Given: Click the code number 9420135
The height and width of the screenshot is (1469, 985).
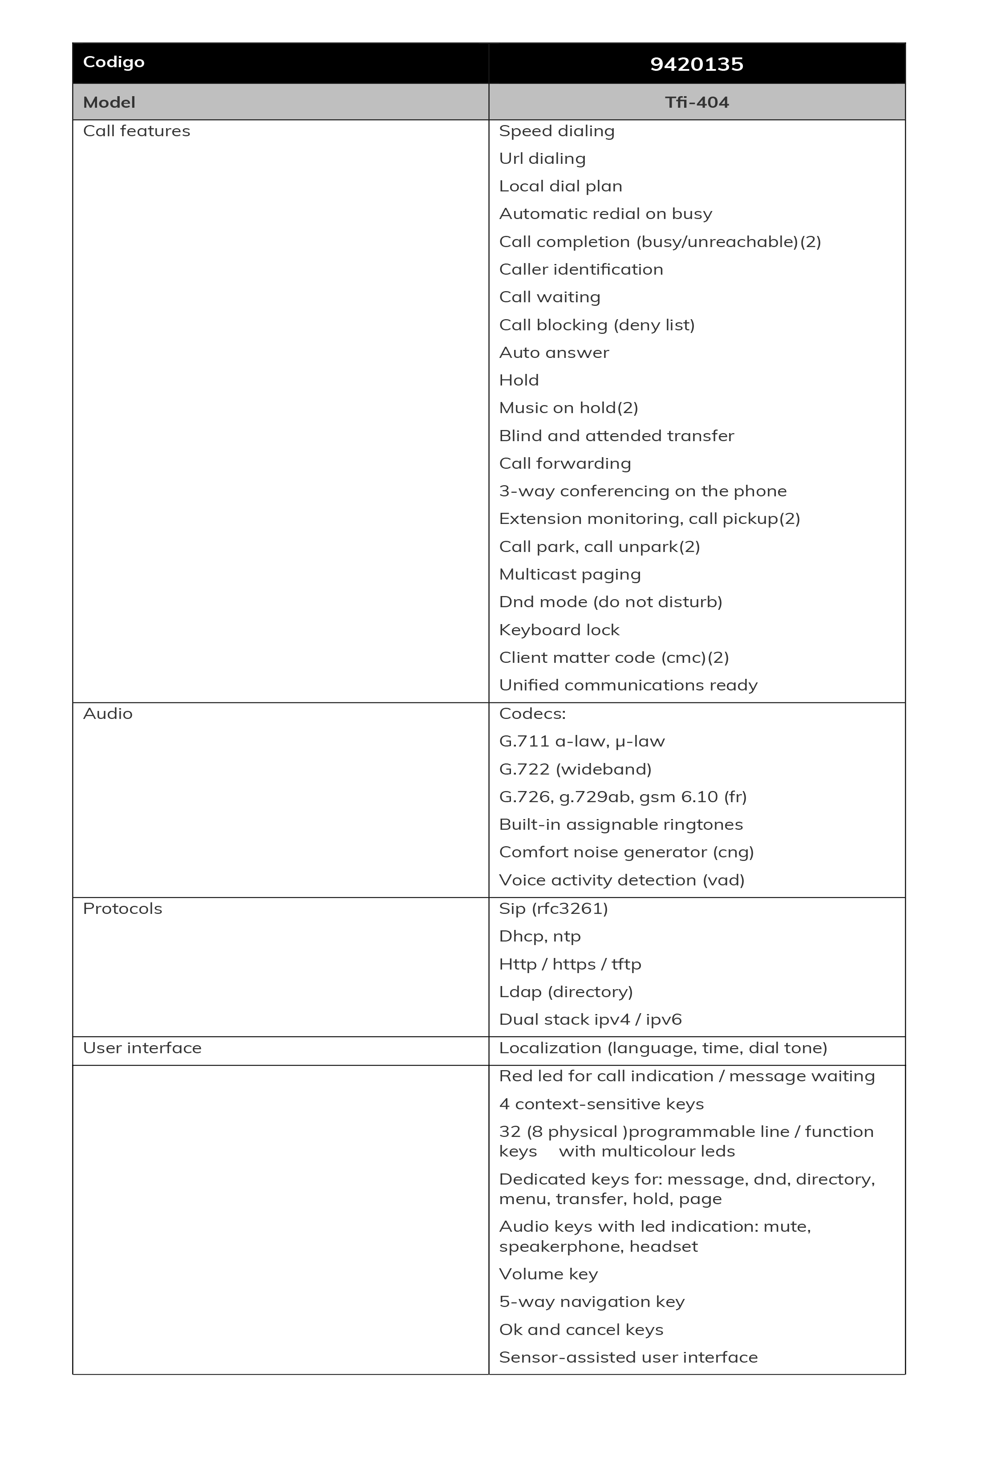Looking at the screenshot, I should (x=696, y=64).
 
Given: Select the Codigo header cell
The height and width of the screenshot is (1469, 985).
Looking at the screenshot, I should (x=113, y=62).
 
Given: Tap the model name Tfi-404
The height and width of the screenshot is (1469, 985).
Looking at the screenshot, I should (x=697, y=102).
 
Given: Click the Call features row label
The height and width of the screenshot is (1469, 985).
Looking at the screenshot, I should (x=136, y=131).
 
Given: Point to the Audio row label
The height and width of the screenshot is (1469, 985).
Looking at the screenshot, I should (x=107, y=713).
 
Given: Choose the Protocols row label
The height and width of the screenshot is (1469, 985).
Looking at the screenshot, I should (x=122, y=909).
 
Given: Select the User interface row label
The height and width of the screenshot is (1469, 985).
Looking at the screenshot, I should (x=142, y=1047).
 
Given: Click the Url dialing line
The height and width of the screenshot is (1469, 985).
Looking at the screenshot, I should (x=542, y=158).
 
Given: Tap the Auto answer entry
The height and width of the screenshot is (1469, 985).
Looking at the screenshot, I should (x=553, y=353).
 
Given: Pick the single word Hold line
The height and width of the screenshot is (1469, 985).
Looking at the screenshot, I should (x=519, y=380).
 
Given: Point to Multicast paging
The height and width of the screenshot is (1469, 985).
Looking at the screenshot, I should (x=570, y=574).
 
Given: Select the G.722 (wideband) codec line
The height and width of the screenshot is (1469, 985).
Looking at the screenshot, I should (x=575, y=769).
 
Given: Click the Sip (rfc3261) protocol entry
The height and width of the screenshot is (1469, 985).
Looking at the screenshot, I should (x=553, y=909).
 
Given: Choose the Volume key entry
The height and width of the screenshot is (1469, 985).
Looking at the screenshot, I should (x=548, y=1274).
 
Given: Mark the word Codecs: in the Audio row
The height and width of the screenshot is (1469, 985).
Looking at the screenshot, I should (x=532, y=713).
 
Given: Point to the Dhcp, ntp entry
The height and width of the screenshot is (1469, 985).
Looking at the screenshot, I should (x=539, y=936).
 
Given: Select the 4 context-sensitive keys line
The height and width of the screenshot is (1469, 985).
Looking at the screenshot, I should (x=601, y=1104).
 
